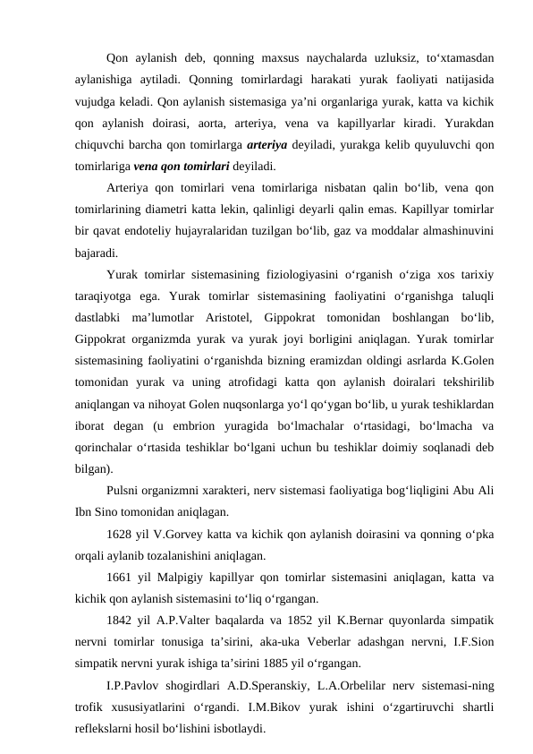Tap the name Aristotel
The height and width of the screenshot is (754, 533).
(x=277, y=343)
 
